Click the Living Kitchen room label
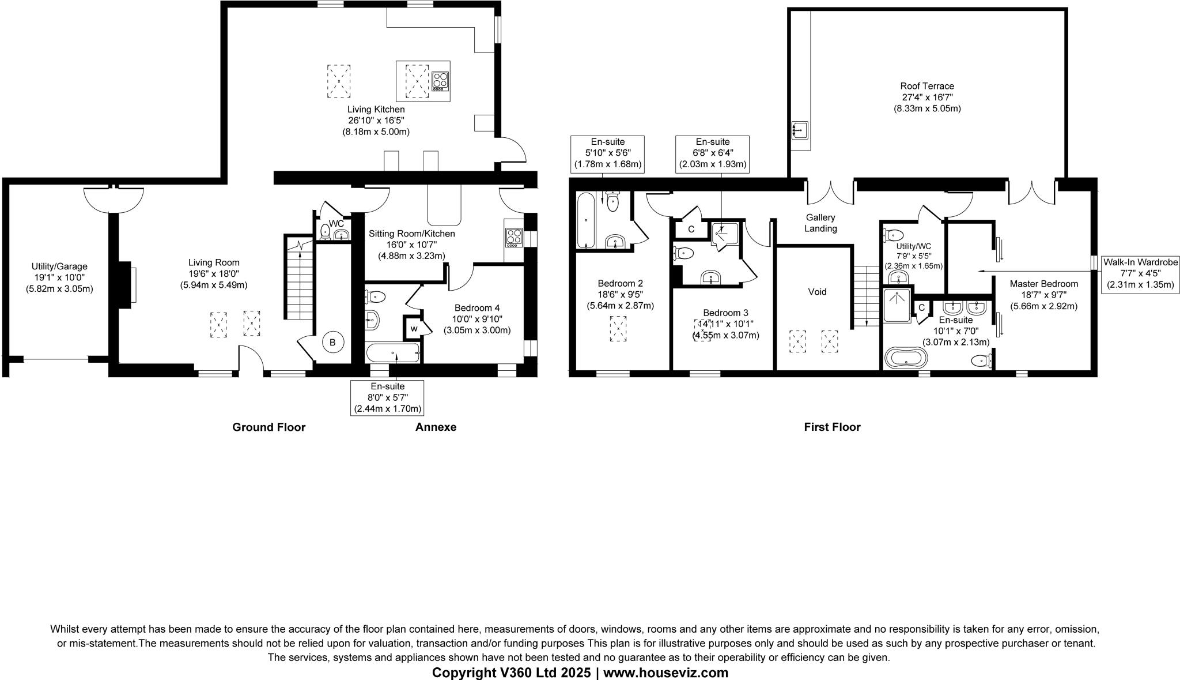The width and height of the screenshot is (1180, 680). [x=376, y=110]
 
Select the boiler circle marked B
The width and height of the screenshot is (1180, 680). [x=332, y=343]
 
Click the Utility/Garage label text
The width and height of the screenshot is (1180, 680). [x=59, y=266]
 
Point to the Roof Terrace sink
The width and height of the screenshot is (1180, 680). [x=800, y=130]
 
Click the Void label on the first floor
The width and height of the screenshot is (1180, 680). [x=817, y=292]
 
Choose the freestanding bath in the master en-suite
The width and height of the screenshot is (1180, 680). [x=906, y=358]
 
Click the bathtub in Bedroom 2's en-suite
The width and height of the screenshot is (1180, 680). [x=587, y=220]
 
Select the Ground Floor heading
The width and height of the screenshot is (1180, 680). [x=268, y=427]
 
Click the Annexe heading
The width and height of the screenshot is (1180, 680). [x=436, y=427]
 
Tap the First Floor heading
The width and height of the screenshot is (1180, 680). [x=832, y=427]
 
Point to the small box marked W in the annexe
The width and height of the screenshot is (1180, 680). [x=414, y=329]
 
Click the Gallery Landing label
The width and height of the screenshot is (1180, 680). [x=820, y=223]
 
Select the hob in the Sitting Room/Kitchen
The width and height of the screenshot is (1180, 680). [x=513, y=237]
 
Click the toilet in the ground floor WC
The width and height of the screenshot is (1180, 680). [x=324, y=232]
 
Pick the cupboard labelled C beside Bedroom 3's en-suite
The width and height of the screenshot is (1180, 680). [x=691, y=229]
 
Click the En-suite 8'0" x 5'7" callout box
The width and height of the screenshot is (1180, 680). [x=387, y=397]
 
